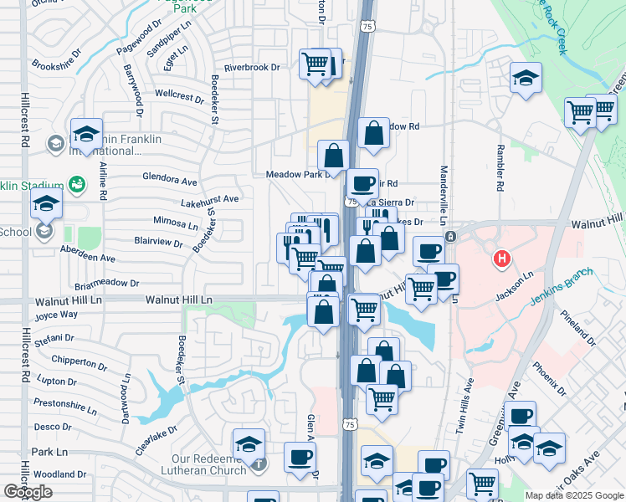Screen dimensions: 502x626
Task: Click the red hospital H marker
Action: [x=502, y=259]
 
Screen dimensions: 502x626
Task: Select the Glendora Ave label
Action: [x=170, y=181]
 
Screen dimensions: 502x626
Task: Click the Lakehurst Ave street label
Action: [x=210, y=200]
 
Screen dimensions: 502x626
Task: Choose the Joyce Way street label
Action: [x=56, y=315]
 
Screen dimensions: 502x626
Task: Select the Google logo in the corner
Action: [x=28, y=492]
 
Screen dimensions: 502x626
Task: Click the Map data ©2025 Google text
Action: [x=574, y=495]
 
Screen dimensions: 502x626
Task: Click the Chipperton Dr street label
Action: [x=74, y=361]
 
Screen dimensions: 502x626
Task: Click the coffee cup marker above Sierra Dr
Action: [x=362, y=183]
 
